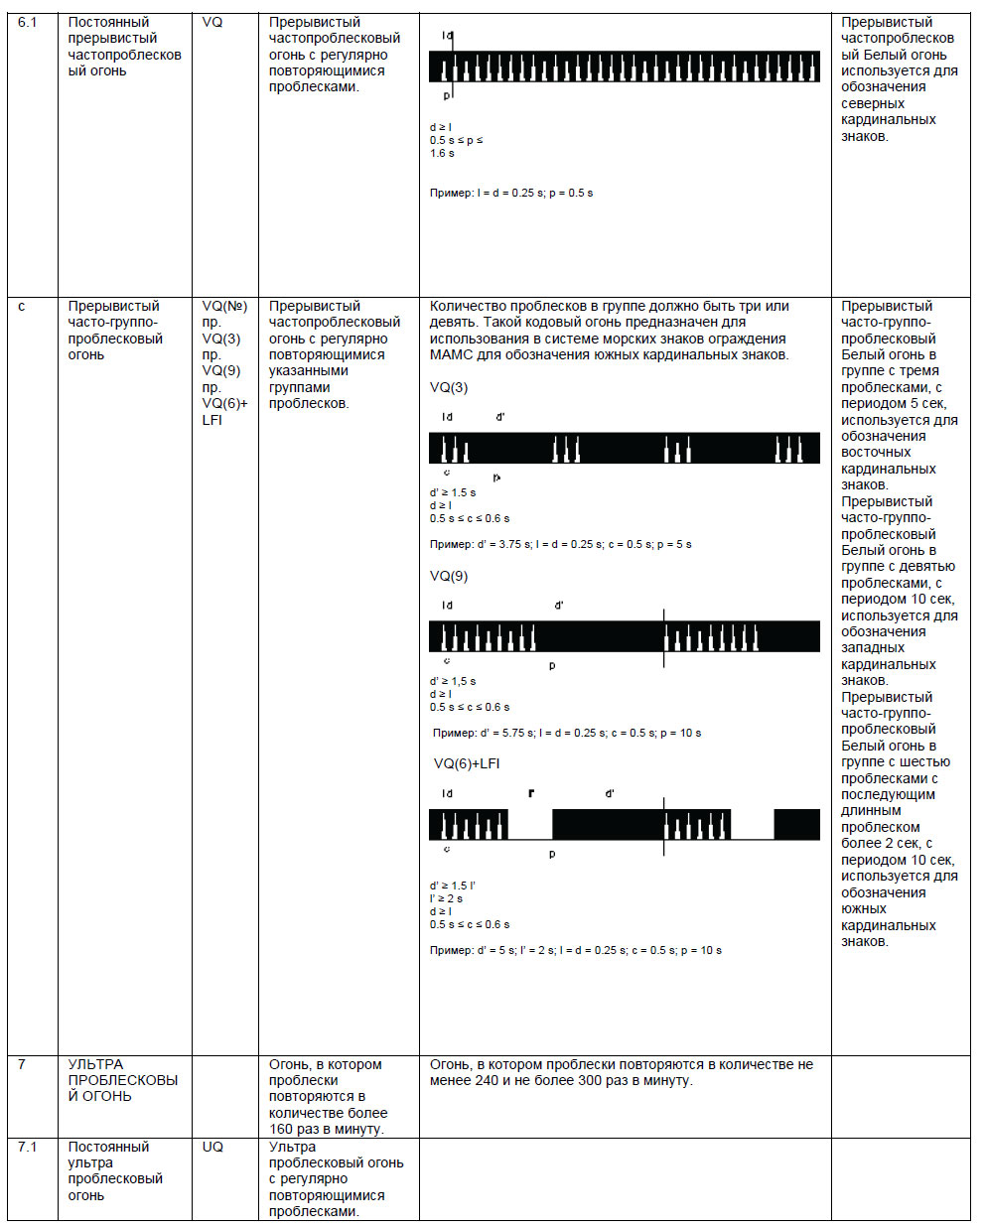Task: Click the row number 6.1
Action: pyautogui.click(x=27, y=22)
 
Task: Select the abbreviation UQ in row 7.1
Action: pyautogui.click(x=212, y=1147)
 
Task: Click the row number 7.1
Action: pyautogui.click(x=27, y=1147)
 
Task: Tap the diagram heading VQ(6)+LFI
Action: pyautogui.click(x=467, y=763)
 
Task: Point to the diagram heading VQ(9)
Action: pyautogui.click(x=449, y=576)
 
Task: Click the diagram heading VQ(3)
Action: pyautogui.click(x=449, y=387)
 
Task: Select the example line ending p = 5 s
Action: pyautogui.click(x=561, y=544)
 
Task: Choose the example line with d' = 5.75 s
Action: pyautogui.click(x=567, y=733)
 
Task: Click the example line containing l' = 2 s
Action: pyautogui.click(x=576, y=950)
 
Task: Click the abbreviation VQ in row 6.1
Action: pyautogui.click(x=212, y=22)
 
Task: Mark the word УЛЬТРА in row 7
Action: pyautogui.click(x=96, y=1064)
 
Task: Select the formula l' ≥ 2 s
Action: pyautogui.click(x=446, y=898)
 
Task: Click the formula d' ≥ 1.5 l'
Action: pyautogui.click(x=453, y=886)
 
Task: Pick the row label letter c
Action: pyautogui.click(x=22, y=306)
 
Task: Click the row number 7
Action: pyautogui.click(x=22, y=1064)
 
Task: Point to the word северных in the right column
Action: pyautogui.click(x=873, y=103)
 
